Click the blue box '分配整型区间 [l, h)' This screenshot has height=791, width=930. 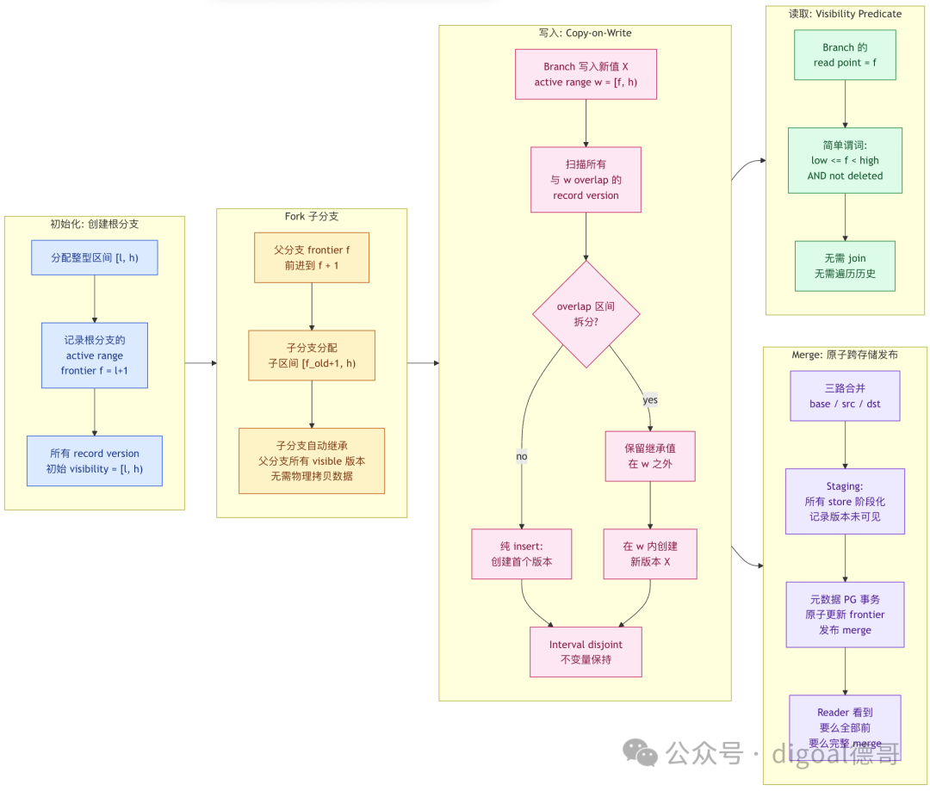(x=95, y=257)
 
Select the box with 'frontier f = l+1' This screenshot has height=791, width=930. (x=95, y=355)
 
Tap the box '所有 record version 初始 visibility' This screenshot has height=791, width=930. (x=95, y=460)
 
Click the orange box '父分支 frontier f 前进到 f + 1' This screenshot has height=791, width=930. (x=312, y=257)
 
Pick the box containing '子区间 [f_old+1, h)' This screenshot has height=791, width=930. (x=312, y=355)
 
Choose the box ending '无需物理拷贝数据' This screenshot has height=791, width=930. (x=312, y=460)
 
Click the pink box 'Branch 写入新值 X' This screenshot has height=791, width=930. (x=586, y=74)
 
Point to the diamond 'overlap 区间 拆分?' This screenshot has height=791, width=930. (x=586, y=314)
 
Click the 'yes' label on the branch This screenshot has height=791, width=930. (x=650, y=399)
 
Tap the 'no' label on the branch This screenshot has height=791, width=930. (x=521, y=456)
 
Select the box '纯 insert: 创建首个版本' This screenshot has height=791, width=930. (x=521, y=553)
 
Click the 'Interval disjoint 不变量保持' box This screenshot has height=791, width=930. (x=586, y=652)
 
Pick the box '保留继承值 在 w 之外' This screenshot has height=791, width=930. (x=650, y=456)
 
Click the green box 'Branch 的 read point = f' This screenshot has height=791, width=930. (x=845, y=54)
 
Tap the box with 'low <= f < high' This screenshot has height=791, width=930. (x=845, y=160)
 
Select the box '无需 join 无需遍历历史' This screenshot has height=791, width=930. (x=845, y=266)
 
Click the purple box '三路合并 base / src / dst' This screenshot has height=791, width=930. (x=845, y=396)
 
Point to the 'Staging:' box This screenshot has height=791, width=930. (x=845, y=501)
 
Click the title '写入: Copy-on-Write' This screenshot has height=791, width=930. (x=585, y=34)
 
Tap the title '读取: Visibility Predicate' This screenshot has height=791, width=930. (x=845, y=14)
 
